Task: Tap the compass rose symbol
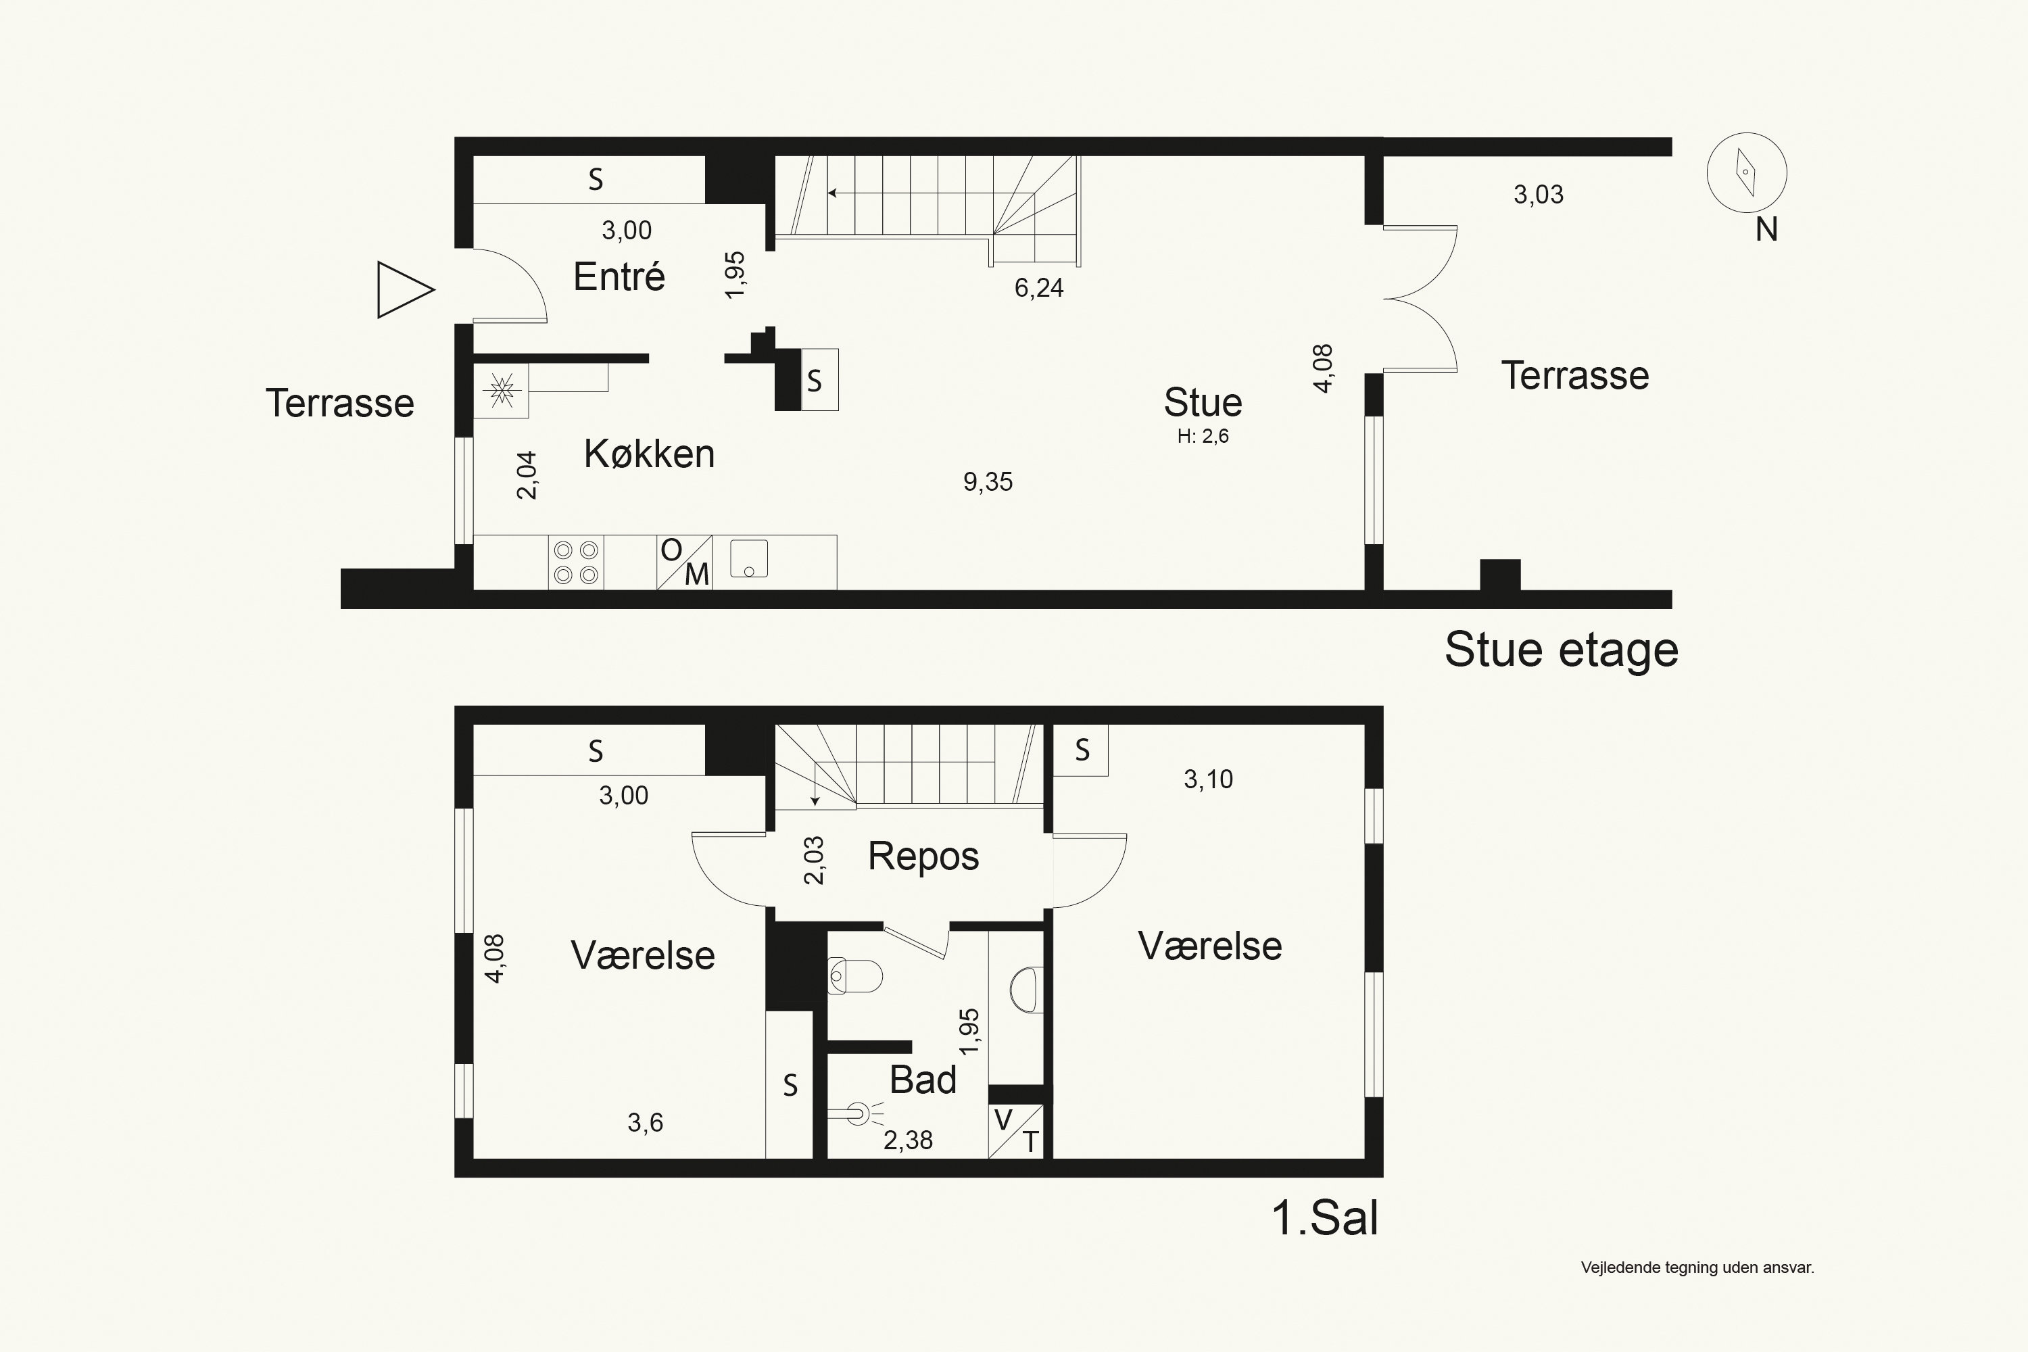pyautogui.click(x=1746, y=172)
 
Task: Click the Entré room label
pyautogui.click(x=619, y=276)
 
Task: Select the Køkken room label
pyautogui.click(x=649, y=454)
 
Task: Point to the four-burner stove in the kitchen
pyautogui.click(x=576, y=562)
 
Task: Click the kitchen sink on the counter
pyautogui.click(x=748, y=559)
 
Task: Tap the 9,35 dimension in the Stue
pyautogui.click(x=988, y=481)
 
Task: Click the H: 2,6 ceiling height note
pyautogui.click(x=1203, y=436)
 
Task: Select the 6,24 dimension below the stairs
pyautogui.click(x=1039, y=288)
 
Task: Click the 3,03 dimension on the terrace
pyautogui.click(x=1539, y=195)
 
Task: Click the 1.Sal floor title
pyautogui.click(x=1325, y=1218)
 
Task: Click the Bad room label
pyautogui.click(x=923, y=1080)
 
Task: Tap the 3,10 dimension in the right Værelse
pyautogui.click(x=1208, y=779)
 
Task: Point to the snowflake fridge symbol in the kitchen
pyautogui.click(x=501, y=391)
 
